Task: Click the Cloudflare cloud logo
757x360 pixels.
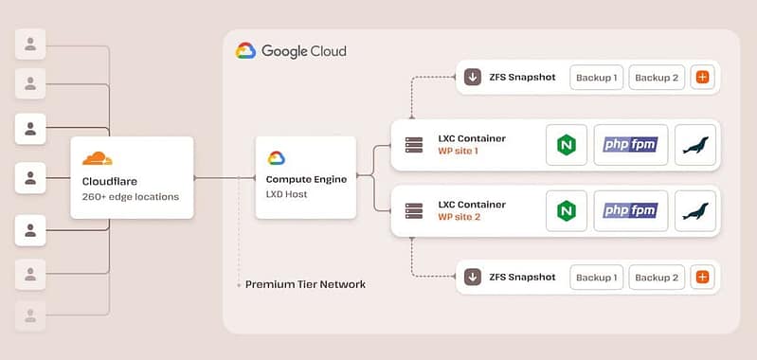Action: (98, 158)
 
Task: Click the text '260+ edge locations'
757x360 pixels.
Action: (130, 197)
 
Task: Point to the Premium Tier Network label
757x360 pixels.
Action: (305, 284)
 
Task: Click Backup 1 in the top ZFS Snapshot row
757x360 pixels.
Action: (595, 78)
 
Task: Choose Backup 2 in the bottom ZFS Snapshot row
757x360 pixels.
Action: (657, 277)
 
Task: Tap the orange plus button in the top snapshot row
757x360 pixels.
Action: (702, 78)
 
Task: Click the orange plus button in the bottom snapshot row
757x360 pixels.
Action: (702, 277)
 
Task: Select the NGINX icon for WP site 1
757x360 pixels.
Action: (567, 145)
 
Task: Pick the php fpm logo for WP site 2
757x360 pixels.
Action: (631, 210)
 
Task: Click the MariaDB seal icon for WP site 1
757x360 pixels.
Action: (696, 145)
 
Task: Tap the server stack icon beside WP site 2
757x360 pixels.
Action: (413, 210)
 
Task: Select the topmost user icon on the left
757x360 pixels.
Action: (31, 43)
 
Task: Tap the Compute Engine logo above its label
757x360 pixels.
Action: (277, 158)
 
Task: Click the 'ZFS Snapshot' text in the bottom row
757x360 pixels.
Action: (523, 277)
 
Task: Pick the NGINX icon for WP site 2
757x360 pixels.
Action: (567, 210)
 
